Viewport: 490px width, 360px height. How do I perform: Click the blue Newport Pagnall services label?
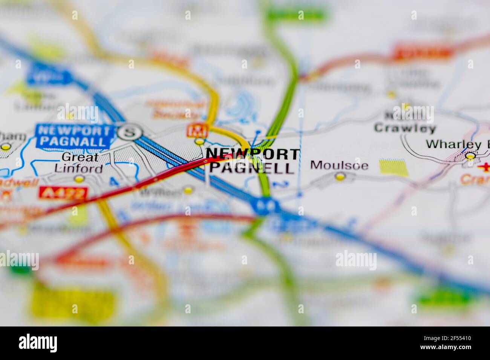coord(75,136)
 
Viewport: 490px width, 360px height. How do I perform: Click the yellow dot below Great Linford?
coord(79,180)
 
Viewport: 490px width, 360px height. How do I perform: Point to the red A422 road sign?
coord(63,193)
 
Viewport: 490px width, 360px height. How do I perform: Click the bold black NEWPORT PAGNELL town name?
coord(252,161)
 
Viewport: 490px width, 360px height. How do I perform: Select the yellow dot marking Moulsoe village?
coord(340,176)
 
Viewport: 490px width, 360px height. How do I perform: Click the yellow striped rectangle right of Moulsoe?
coord(394,168)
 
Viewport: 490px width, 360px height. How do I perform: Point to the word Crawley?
coord(405,128)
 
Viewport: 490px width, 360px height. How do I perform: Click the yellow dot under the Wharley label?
coord(470,156)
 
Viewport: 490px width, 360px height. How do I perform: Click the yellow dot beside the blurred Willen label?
coord(188,191)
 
